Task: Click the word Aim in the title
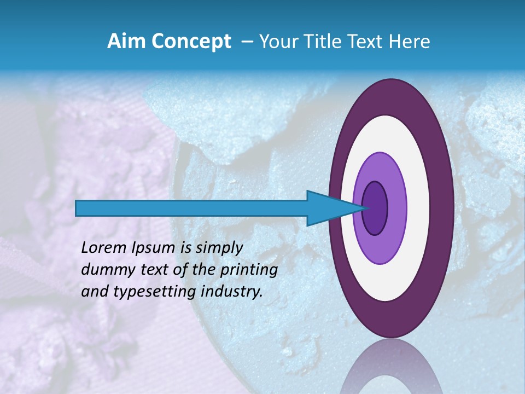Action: coord(125,42)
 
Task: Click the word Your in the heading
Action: coord(277,42)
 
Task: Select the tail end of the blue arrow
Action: coord(79,208)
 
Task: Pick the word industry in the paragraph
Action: coord(232,292)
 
